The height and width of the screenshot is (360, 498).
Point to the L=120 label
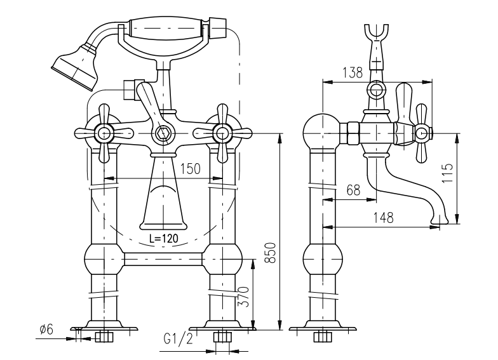click(x=164, y=239)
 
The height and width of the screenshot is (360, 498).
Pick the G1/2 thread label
click(x=178, y=339)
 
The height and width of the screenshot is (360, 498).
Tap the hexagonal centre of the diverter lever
click(x=163, y=133)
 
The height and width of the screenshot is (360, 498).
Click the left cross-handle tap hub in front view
click(x=103, y=133)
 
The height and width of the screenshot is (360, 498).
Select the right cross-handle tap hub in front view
click(x=222, y=133)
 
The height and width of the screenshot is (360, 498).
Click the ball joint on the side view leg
click(x=323, y=258)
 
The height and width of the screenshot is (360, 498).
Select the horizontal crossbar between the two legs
click(x=163, y=258)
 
